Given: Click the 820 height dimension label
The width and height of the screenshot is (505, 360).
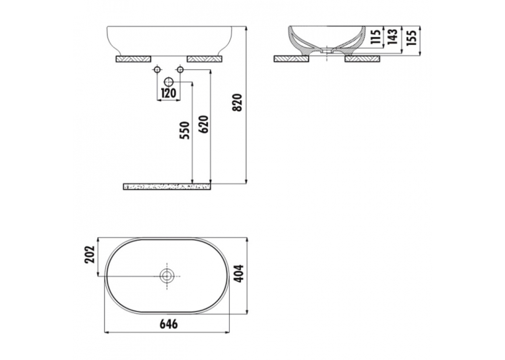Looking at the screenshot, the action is (x=237, y=102).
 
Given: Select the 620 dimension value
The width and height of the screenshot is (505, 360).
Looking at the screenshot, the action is (x=204, y=124).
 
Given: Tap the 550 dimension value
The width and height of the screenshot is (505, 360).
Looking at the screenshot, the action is (x=185, y=130).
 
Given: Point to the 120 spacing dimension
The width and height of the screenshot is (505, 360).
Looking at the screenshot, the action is (x=168, y=93).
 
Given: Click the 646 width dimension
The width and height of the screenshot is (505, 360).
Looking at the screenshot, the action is (x=169, y=324).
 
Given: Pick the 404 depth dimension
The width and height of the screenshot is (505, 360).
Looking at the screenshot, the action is (x=239, y=273).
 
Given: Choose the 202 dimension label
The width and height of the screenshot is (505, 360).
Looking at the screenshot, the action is (x=90, y=254).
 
